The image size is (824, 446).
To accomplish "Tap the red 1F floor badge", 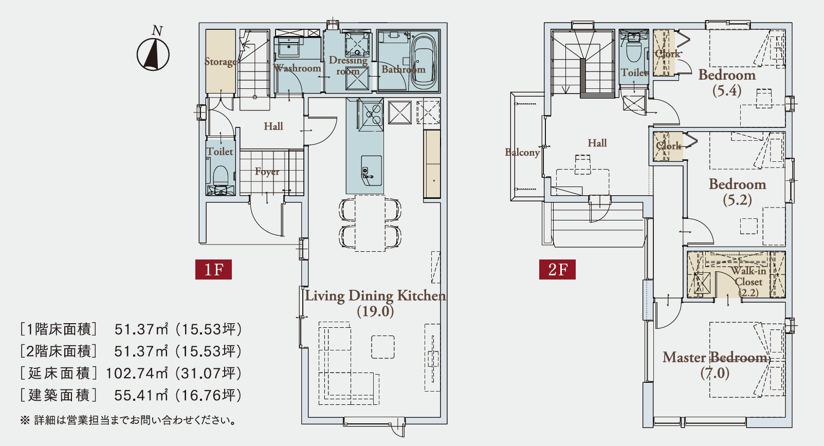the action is [213, 270].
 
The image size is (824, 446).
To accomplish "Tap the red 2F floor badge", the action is [557, 270].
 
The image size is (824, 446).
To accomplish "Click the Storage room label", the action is [221, 62].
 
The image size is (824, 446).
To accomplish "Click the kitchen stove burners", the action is [371, 115].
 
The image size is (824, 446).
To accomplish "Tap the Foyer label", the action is [267, 172].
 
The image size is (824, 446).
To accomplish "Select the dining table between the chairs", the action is [370, 223].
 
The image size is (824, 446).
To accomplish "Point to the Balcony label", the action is [522, 152].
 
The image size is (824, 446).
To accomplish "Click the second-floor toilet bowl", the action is [634, 51].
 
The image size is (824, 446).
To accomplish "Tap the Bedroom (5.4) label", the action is [727, 83].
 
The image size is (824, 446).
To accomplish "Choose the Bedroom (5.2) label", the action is [738, 192].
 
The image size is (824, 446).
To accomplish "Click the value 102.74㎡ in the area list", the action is [136, 373].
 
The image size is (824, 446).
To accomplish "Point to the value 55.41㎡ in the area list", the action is [141, 395].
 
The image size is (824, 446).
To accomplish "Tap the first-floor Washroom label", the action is [297, 68].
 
